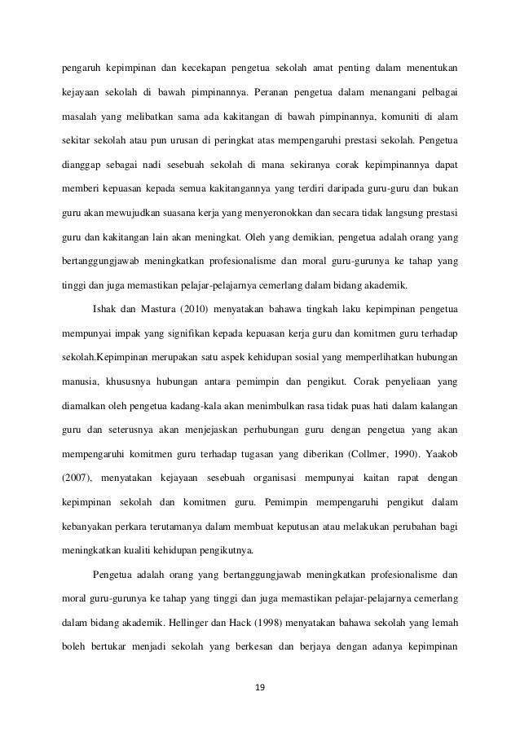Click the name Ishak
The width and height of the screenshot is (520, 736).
coord(107,311)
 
